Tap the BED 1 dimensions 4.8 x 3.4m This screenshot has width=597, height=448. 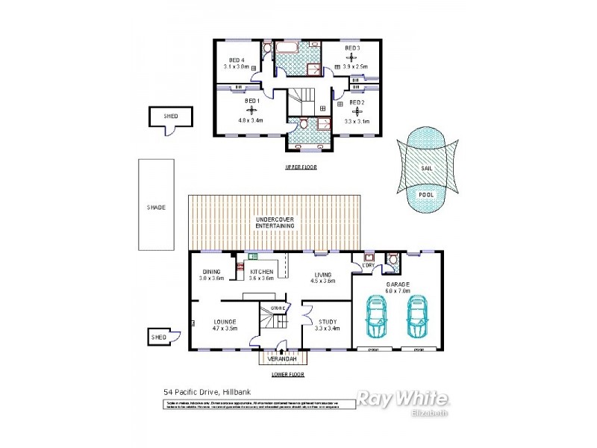point(248,119)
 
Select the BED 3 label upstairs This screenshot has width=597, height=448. point(352,48)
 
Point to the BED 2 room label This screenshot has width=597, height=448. point(357,102)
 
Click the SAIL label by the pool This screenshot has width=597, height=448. point(426,169)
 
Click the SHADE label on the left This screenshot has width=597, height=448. point(155,207)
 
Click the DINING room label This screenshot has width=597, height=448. point(210,271)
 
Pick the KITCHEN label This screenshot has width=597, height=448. point(260,271)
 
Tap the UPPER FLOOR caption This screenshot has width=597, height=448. point(301,167)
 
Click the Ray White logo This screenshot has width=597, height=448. point(401,398)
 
